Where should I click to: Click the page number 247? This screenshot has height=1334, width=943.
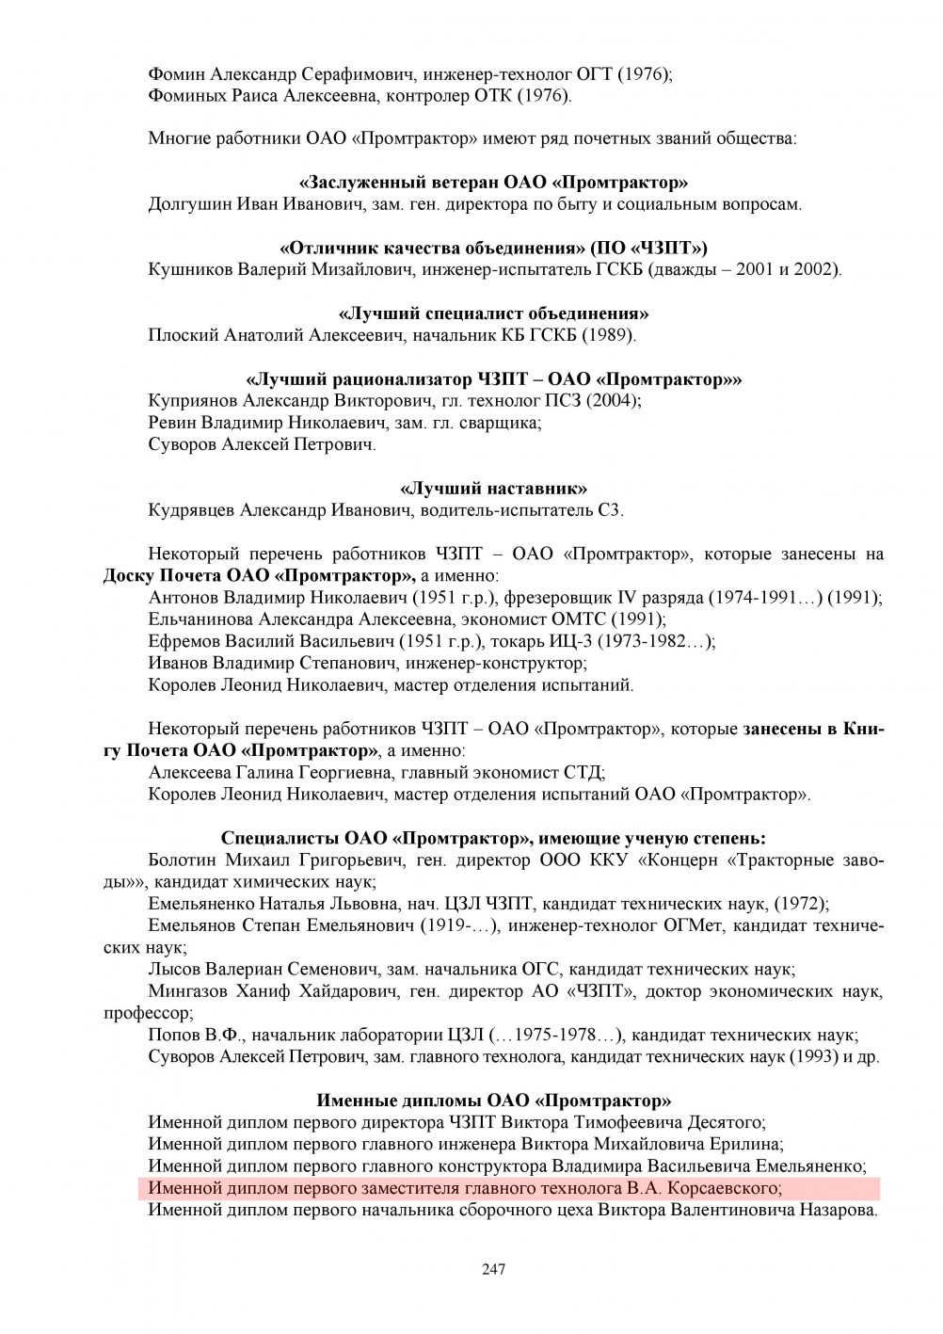pos(494,1269)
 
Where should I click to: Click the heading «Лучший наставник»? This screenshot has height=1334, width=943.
pos(494,489)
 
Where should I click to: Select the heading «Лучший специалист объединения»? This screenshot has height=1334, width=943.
pos(493,313)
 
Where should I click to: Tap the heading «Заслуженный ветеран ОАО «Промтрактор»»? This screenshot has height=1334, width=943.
pos(493,183)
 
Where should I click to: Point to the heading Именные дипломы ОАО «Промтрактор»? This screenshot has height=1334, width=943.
pos(494,1101)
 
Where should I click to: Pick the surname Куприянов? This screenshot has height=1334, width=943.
pos(194,401)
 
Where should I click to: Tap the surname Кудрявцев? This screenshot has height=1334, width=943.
pos(192,510)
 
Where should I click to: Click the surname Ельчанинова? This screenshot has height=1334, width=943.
pos(201,619)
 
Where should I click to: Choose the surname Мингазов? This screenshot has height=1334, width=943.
pos(187,991)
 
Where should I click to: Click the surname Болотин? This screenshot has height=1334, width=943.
pos(184,860)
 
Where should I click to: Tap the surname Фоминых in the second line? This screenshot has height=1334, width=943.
pos(185,95)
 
